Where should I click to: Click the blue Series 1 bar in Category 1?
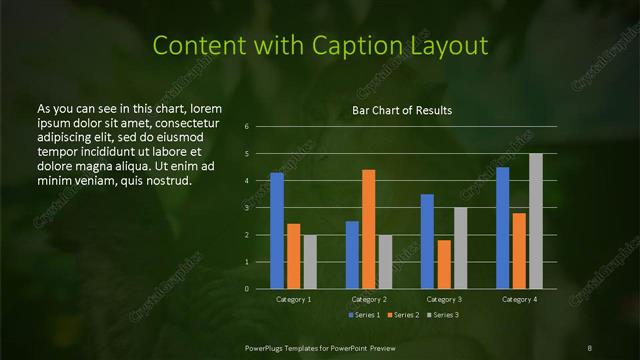[277, 231]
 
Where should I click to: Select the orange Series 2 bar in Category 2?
[369, 229]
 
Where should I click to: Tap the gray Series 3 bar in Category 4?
[536, 221]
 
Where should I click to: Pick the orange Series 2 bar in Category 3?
[444, 264]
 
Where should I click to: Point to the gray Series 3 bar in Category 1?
[310, 262]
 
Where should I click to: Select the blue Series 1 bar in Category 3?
[427, 241]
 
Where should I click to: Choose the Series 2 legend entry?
[402, 315]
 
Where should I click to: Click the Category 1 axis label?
[294, 299]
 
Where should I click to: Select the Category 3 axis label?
[444, 299]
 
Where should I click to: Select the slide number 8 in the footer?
[590, 346]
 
